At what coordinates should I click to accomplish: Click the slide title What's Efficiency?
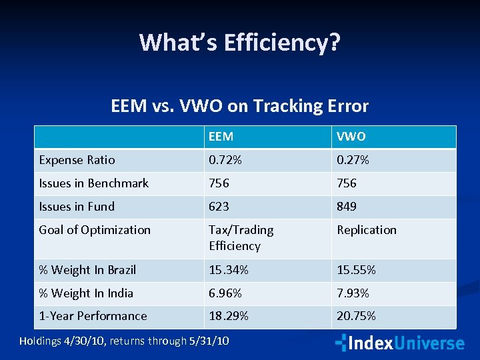tap(240, 43)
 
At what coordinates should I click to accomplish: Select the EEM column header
tap(221, 137)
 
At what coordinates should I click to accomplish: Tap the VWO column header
tap(351, 137)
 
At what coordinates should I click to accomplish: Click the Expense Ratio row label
tap(77, 160)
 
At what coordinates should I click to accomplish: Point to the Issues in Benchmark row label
tap(94, 183)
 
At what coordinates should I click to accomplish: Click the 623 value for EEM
tap(219, 207)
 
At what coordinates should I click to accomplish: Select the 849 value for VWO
tap(347, 207)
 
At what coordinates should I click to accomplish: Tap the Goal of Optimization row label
tap(95, 230)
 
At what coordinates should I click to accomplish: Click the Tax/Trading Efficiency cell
tap(241, 238)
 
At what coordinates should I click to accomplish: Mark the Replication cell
tap(367, 230)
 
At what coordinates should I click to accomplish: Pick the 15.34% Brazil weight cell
tap(229, 270)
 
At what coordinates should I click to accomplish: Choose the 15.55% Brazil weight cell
tap(357, 270)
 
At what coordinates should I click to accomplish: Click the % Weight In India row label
tap(87, 293)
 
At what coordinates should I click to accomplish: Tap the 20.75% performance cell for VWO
tap(357, 316)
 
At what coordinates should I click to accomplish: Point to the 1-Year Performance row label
tap(93, 316)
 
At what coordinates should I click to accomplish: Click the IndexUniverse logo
tap(399, 343)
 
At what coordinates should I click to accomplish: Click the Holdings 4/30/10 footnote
tap(124, 341)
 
